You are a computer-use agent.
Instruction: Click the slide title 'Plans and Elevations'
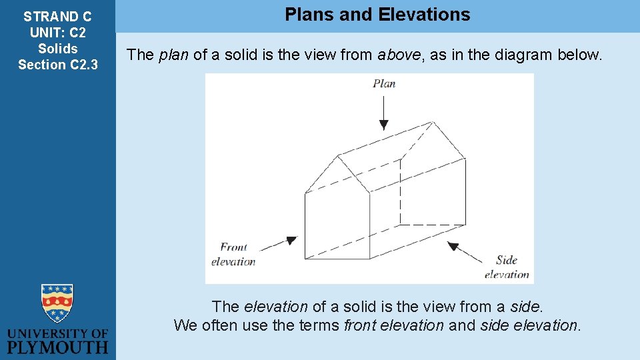tap(377, 15)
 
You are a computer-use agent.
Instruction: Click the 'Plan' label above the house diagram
tap(384, 83)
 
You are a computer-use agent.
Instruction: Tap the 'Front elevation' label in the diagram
tap(233, 254)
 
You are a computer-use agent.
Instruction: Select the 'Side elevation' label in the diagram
tap(507, 267)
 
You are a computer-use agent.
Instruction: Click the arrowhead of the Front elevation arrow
tap(291, 240)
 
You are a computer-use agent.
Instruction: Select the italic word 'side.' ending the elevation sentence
tap(527, 307)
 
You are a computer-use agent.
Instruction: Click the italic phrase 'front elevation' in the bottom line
tap(393, 325)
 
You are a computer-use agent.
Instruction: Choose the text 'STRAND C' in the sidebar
tap(57, 17)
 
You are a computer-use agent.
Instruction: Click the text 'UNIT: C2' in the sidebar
tap(57, 33)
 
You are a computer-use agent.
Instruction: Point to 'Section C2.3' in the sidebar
tap(57, 65)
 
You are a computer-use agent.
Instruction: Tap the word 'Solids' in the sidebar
tap(57, 49)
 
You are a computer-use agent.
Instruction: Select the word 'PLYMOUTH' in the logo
tap(57, 347)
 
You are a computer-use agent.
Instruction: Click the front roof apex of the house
tap(339, 156)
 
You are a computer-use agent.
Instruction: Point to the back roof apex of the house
tap(433, 122)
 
